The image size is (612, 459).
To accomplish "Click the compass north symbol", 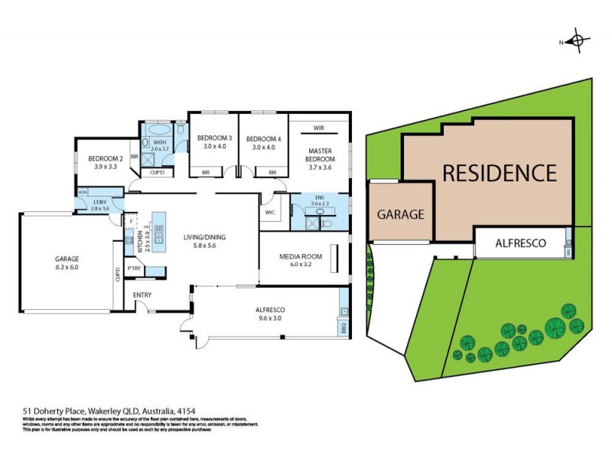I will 578,41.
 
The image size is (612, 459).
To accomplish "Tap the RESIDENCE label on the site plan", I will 498,173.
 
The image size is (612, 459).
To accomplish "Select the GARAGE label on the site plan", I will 400,215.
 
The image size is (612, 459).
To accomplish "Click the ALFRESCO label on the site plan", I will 520,243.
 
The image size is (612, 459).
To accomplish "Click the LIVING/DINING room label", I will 203,237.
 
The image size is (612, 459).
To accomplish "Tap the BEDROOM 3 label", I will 214,138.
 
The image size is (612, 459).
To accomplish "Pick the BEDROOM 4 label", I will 263,138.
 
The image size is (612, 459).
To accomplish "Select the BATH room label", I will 159,142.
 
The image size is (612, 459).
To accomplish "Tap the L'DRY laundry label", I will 100,202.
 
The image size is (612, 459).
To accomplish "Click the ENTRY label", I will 142,295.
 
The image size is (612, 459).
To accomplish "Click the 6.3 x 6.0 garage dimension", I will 68,266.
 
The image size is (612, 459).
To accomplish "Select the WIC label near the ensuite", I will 269,212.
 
